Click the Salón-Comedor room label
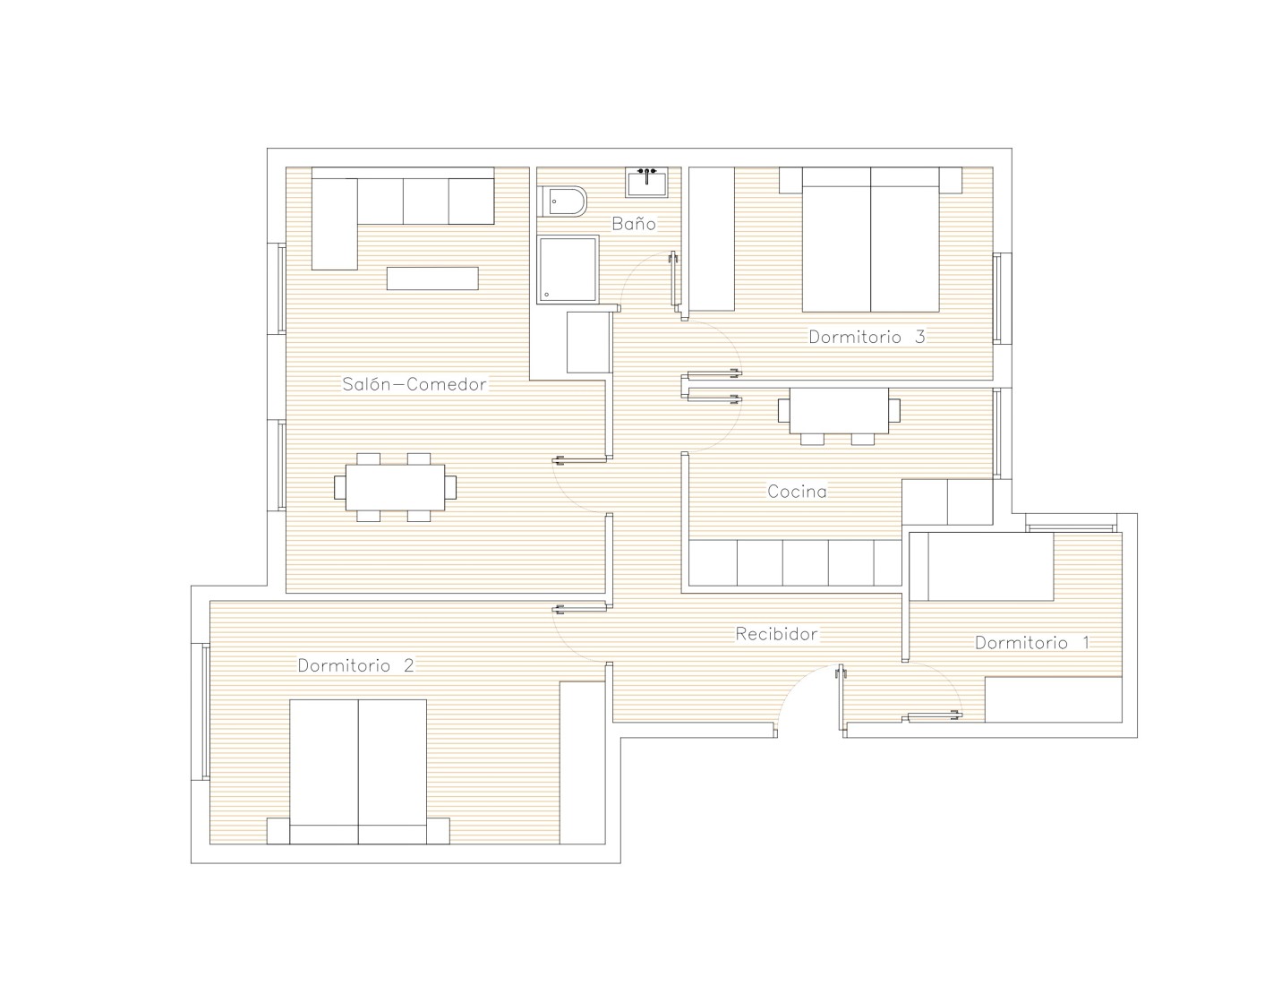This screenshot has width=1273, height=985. pos(414,384)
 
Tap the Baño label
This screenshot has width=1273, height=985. pos(633,223)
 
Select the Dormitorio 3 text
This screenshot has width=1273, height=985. pos(867,337)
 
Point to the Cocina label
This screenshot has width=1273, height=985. pos(797,491)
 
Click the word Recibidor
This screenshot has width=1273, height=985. pos(776,634)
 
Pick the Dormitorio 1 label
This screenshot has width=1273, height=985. pos(1031,643)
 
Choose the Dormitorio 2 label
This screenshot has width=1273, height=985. pos(355,665)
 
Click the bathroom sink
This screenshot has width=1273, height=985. pos(646,183)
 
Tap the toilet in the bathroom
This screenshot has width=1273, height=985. pos(563,201)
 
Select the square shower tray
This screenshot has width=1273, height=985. pos(568,270)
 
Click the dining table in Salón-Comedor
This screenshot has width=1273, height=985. pos(395,487)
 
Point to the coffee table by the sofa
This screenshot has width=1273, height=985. pos(432,278)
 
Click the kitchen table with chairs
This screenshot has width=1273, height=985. pos(839,416)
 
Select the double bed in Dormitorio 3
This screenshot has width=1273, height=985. pos(870,240)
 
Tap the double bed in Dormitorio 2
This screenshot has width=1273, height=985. pos(358,772)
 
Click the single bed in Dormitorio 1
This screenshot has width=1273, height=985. pos(981,567)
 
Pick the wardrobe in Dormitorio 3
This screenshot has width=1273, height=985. pos(711,239)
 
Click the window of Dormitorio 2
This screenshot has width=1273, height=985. pos(203,711)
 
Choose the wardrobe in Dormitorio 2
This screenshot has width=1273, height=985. pos(582,763)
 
